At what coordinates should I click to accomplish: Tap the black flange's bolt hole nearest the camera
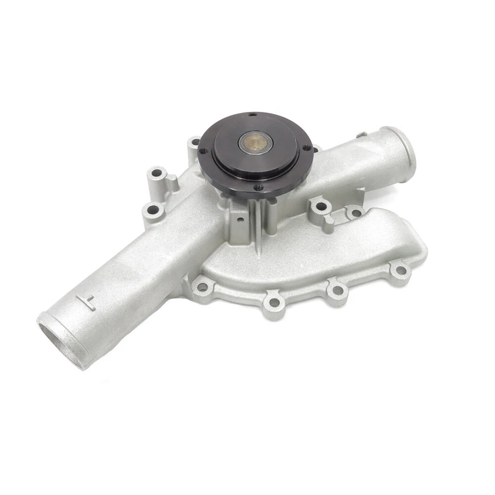pyautogui.click(x=257, y=187)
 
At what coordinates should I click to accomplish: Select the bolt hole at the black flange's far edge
pyautogui.click(x=252, y=114)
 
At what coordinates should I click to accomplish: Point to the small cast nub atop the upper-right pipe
pyautogui.click(x=362, y=135)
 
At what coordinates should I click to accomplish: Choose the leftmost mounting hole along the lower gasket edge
pyautogui.click(x=203, y=286)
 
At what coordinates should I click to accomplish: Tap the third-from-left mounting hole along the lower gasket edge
pyautogui.click(x=337, y=290)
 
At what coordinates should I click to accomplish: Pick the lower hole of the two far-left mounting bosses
pyautogui.click(x=152, y=209)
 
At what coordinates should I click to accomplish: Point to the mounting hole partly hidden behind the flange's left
pyautogui.click(x=195, y=141)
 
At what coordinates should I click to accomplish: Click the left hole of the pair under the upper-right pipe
pyautogui.click(x=321, y=207)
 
